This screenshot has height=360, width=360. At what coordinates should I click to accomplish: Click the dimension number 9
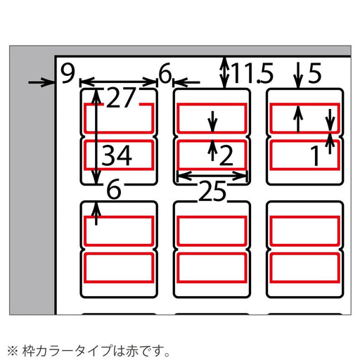point(67,73)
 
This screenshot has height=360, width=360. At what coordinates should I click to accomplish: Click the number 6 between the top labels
point(165,73)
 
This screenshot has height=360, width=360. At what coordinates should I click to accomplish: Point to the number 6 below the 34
point(115,188)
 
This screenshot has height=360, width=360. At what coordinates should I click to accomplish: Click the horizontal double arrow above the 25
point(212,175)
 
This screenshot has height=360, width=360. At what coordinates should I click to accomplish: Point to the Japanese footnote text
point(89,349)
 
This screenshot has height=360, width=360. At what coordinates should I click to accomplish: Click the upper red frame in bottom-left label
point(119,229)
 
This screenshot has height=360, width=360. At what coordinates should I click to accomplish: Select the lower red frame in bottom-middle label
point(212,266)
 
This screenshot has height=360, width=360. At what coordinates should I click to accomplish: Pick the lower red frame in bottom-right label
point(304,266)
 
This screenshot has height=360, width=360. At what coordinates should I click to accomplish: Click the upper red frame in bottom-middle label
point(212,229)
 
